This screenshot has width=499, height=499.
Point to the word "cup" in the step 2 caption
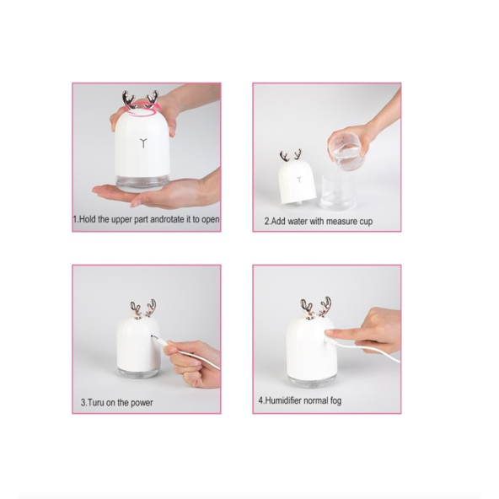364,222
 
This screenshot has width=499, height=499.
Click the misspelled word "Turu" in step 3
99,403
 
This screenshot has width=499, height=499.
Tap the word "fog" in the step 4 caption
335,400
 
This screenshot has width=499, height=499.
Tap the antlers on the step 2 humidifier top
291,157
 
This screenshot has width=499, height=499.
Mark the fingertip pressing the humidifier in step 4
330,333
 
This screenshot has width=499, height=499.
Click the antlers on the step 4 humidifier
315,307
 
